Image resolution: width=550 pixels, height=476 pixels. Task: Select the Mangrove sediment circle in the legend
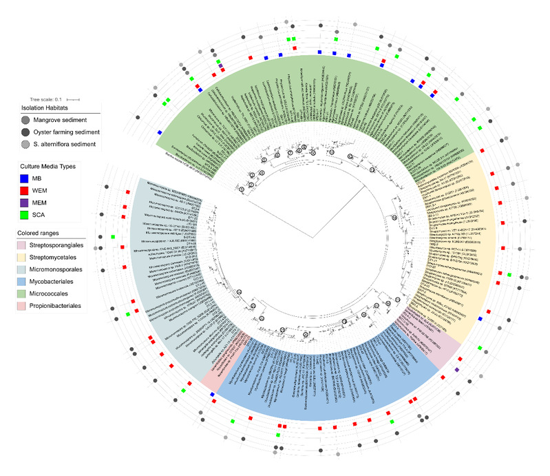(25, 120)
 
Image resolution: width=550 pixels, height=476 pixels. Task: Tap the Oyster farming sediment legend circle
(25, 132)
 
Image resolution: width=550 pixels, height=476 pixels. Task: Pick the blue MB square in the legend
(25, 179)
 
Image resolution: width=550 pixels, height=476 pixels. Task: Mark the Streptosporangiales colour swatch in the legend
(25, 246)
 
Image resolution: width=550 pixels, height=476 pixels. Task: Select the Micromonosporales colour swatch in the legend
(25, 270)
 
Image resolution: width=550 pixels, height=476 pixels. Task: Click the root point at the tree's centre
(314, 238)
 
